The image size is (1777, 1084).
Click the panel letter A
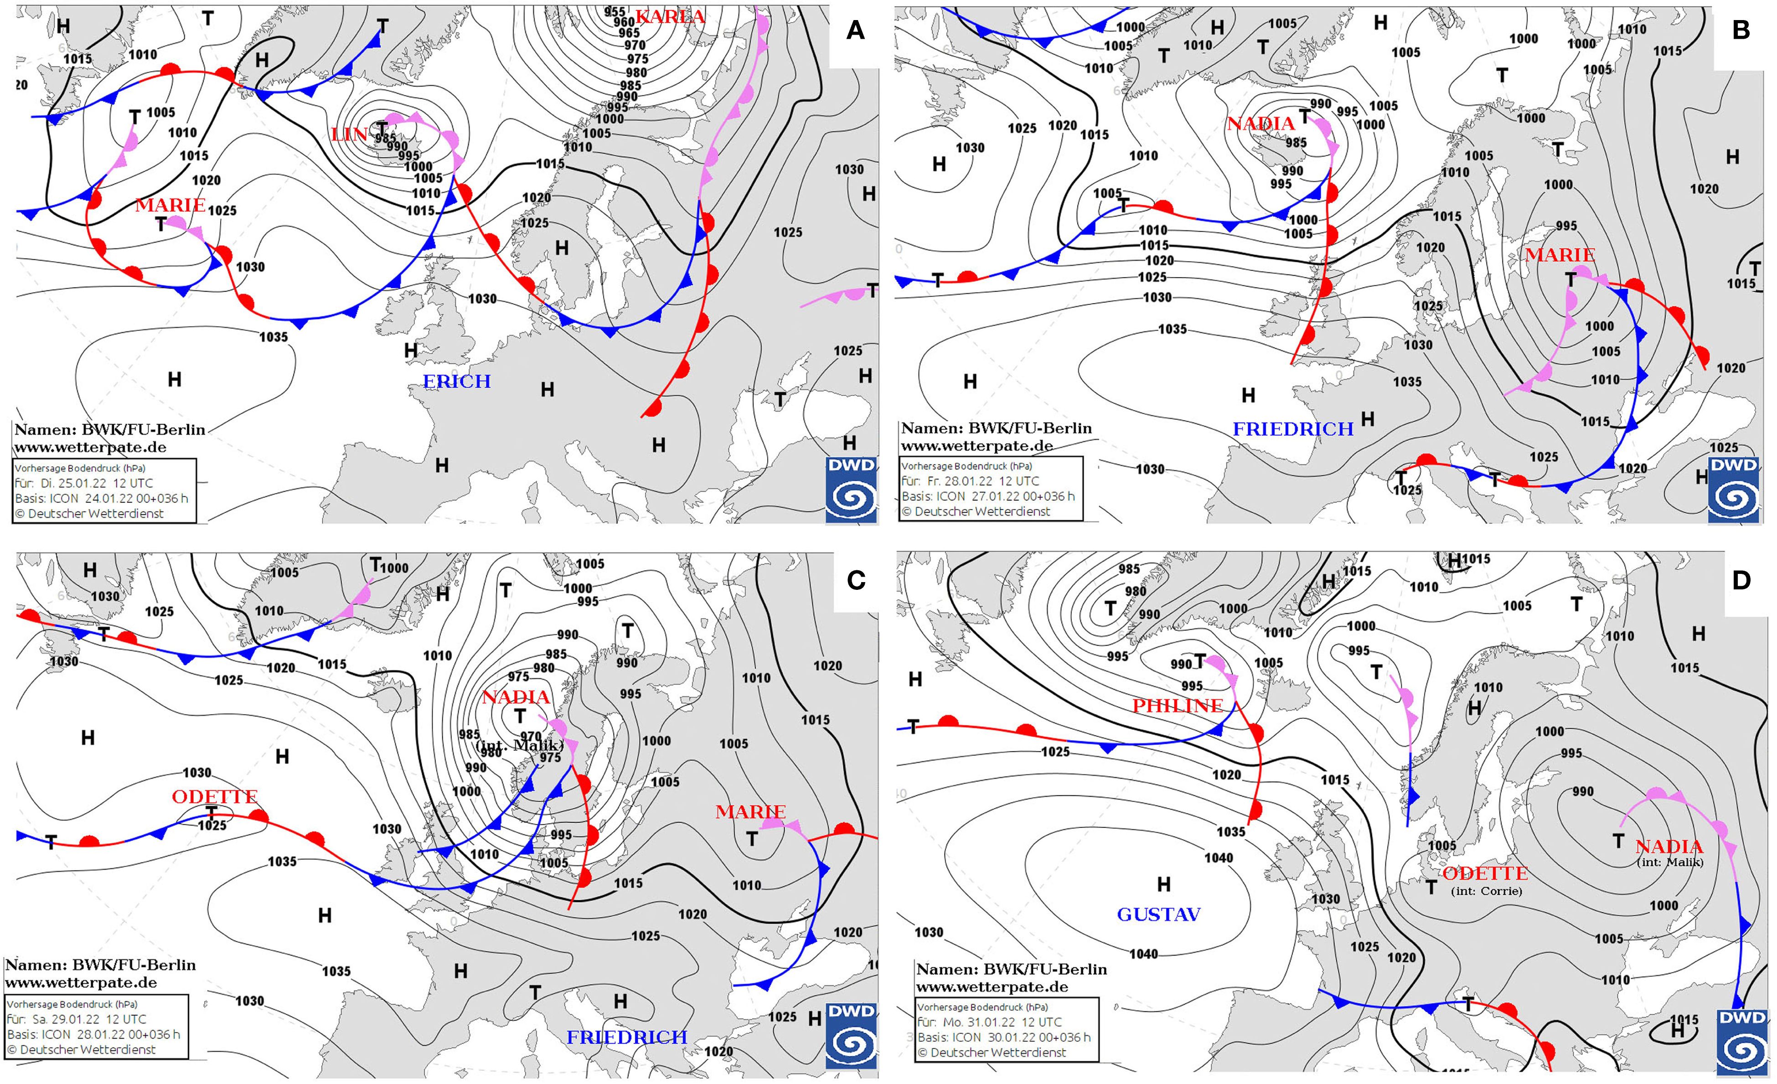(x=855, y=30)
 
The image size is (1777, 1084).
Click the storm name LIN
(x=349, y=134)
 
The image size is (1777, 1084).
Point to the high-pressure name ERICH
(x=456, y=382)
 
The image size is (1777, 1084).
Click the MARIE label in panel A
(x=170, y=205)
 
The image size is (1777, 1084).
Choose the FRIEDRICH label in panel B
(x=1292, y=429)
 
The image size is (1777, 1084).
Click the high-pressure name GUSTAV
(x=1158, y=914)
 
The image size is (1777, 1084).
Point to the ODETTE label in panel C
(x=214, y=796)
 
